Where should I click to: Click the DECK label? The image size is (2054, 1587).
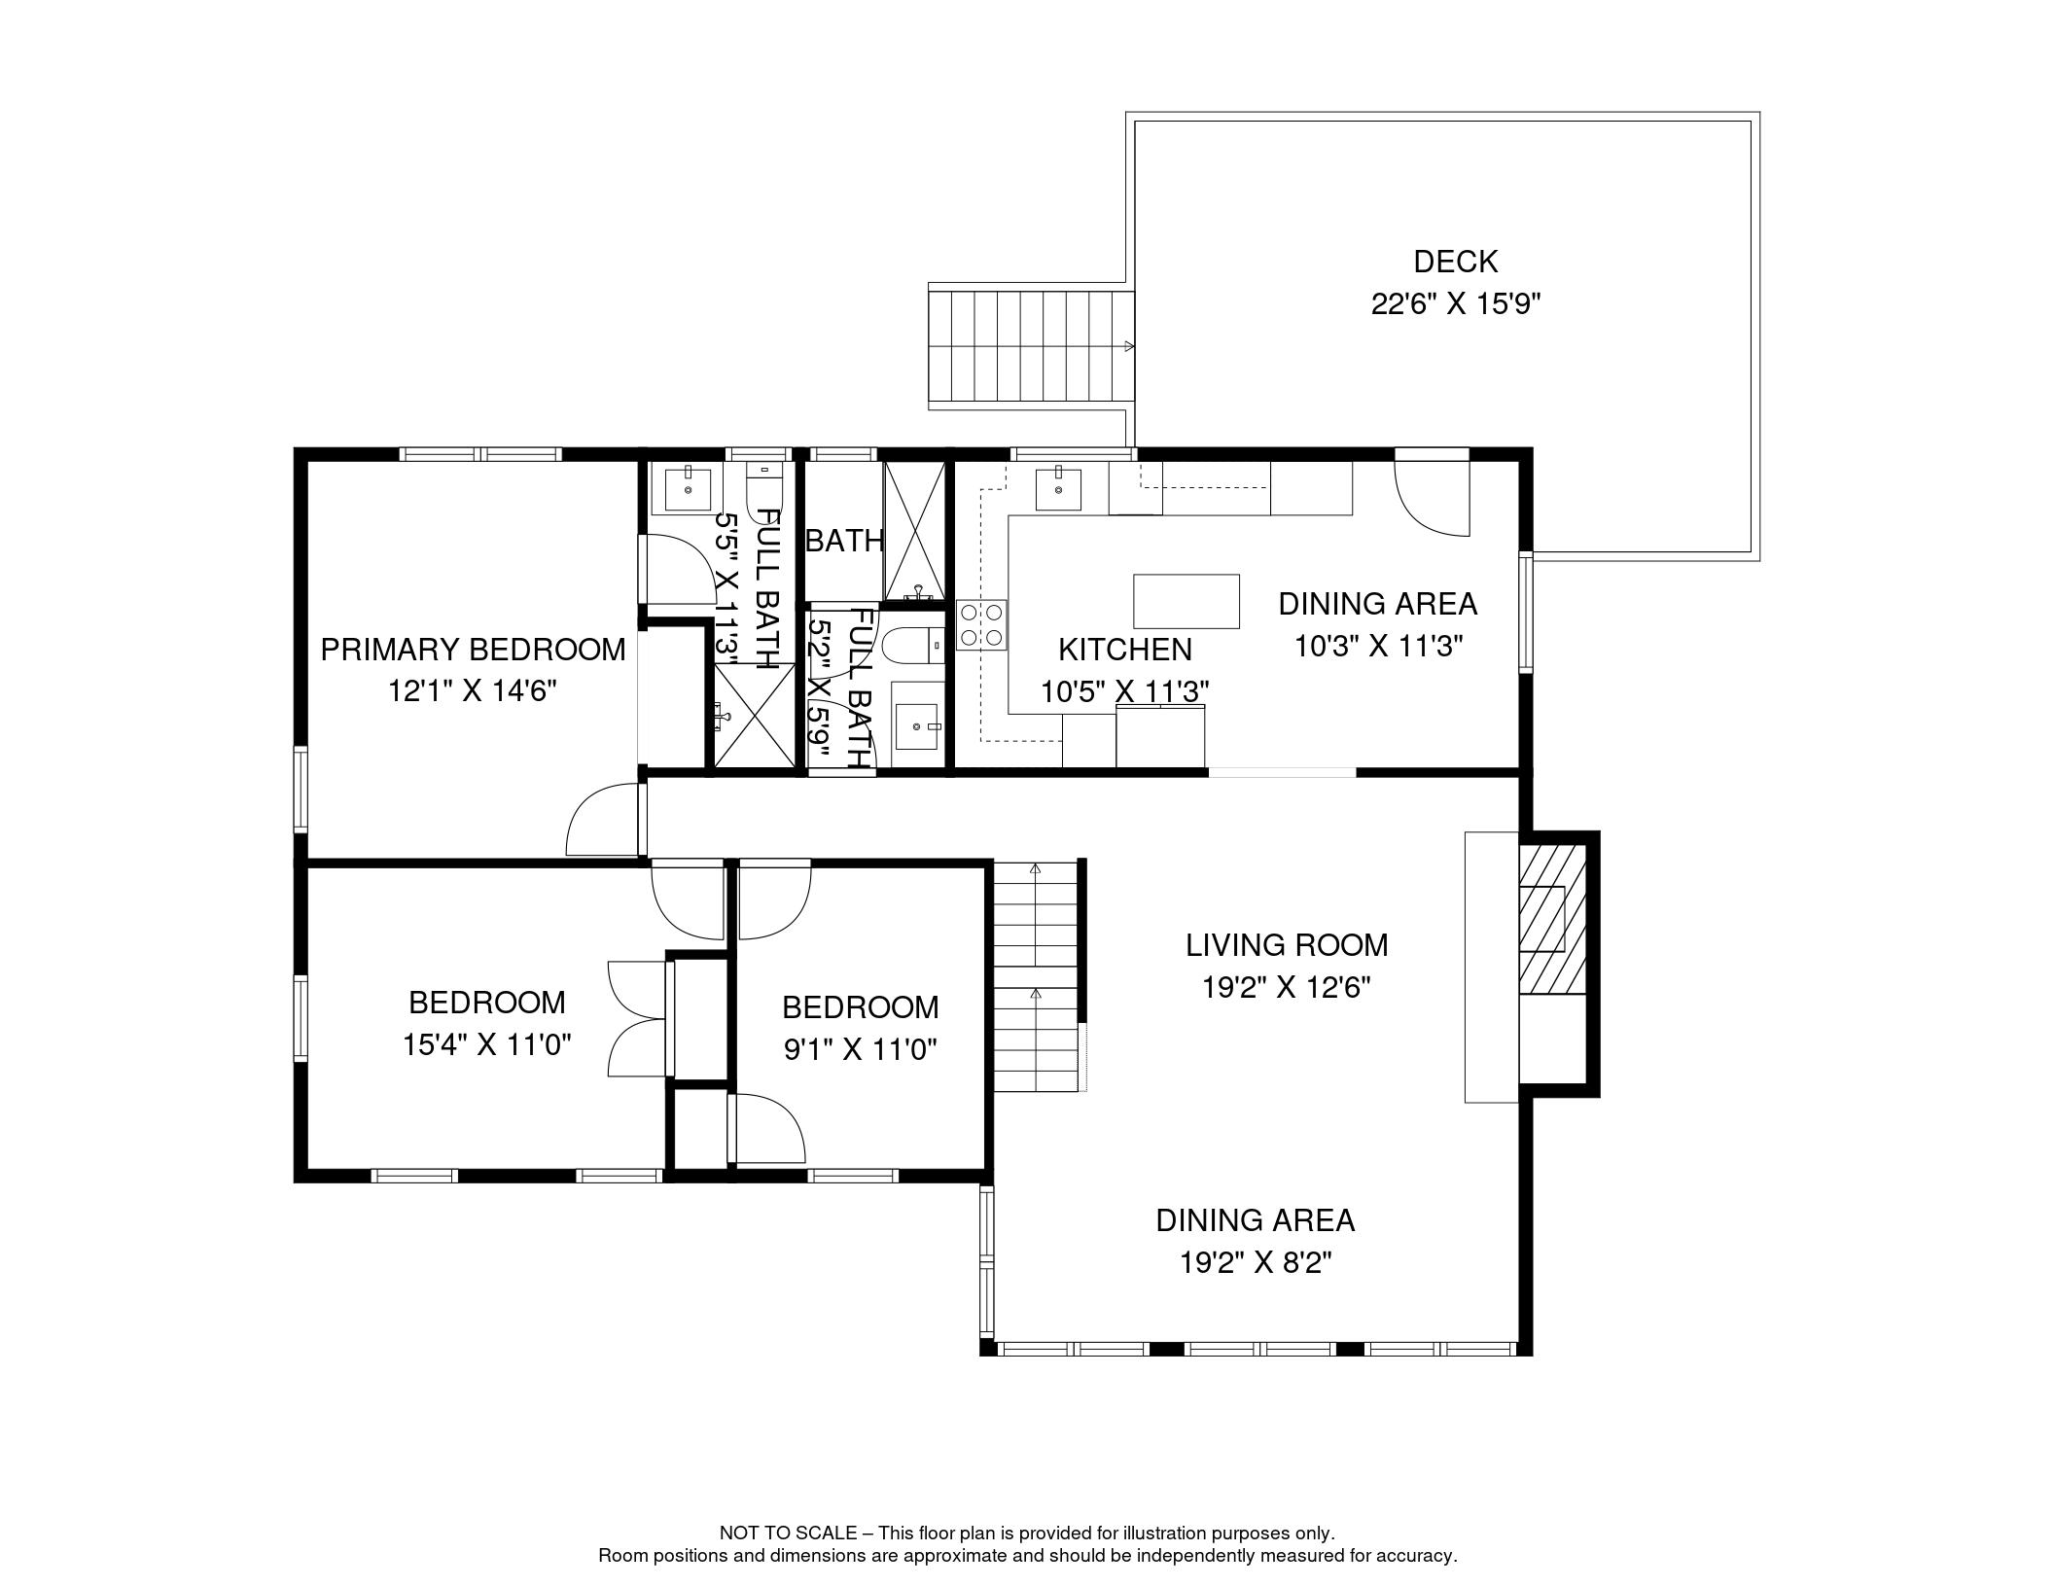pyautogui.click(x=1455, y=262)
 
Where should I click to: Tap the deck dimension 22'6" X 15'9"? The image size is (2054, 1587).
pyautogui.click(x=1456, y=304)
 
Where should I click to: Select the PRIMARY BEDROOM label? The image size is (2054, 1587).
pyautogui.click(x=473, y=650)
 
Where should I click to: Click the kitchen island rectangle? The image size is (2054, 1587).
pyautogui.click(x=1186, y=601)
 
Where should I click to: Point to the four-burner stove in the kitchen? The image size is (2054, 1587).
pyautogui.click(x=982, y=624)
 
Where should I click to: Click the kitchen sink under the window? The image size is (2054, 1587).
pyautogui.click(x=1057, y=487)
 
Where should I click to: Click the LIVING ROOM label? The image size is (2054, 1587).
pyautogui.click(x=1287, y=944)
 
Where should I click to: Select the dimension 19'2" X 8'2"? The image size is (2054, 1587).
pyautogui.click(x=1256, y=1262)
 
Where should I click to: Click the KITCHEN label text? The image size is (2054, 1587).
pyautogui.click(x=1125, y=649)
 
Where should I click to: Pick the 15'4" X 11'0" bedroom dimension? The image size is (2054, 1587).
pyautogui.click(x=486, y=1044)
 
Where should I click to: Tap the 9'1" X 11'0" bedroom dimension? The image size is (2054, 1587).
pyautogui.click(x=861, y=1049)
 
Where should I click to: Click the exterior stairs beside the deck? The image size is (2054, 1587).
pyautogui.click(x=1031, y=345)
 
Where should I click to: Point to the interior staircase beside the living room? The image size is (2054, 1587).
pyautogui.click(x=1037, y=975)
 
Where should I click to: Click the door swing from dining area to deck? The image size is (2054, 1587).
pyautogui.click(x=1432, y=492)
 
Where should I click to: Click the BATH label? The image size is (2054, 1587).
pyautogui.click(x=845, y=541)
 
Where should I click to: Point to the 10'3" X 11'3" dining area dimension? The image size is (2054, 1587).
pyautogui.click(x=1379, y=646)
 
